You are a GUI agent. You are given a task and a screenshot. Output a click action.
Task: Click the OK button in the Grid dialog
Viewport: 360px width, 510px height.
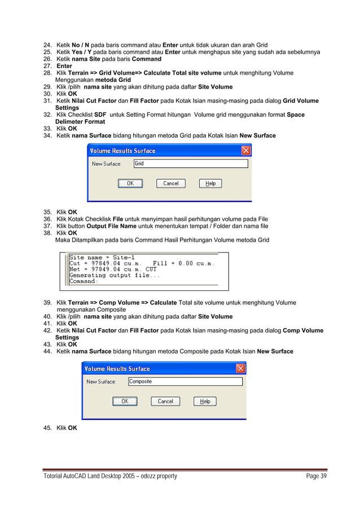pos(130,184)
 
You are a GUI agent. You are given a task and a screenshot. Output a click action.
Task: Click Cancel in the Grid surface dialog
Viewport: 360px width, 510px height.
pos(170,184)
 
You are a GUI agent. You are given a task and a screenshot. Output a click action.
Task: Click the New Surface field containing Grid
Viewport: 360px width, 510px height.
pos(190,164)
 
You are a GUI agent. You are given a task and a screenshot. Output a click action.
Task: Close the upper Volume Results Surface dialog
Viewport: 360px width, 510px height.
pos(246,151)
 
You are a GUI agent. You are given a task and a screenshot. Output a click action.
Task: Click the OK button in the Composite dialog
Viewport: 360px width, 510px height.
pos(125,402)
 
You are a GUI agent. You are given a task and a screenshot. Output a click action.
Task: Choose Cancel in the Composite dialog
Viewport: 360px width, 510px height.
pos(165,402)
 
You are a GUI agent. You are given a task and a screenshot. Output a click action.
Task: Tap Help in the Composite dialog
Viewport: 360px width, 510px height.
pos(205,402)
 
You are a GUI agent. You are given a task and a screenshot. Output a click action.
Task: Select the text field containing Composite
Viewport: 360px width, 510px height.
pos(185,382)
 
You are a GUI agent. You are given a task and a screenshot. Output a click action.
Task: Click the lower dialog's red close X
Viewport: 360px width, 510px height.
pos(240,369)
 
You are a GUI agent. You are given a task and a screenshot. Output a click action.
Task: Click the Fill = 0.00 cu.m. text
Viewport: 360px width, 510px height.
pos(187,263)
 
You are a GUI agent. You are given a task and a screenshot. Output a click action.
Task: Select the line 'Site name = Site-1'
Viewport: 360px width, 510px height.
pos(102,258)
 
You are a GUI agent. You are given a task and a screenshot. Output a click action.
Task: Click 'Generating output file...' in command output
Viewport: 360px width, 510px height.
pos(115,275)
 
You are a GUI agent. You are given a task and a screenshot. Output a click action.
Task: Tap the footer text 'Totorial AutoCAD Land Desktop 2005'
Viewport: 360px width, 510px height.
pos(96,476)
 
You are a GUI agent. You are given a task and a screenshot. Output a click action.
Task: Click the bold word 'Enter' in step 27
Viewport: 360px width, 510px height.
pos(64,66)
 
